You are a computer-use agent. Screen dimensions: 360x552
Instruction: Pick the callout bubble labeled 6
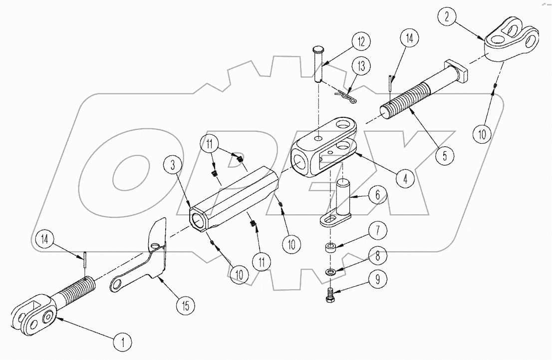(x=377, y=195)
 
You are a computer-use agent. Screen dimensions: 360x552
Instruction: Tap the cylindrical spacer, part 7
(x=329, y=248)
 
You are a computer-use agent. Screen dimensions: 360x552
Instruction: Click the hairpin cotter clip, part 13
(x=344, y=97)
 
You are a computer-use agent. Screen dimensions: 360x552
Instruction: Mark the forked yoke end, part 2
(x=512, y=39)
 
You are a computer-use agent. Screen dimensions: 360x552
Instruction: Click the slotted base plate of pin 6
(x=332, y=220)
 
